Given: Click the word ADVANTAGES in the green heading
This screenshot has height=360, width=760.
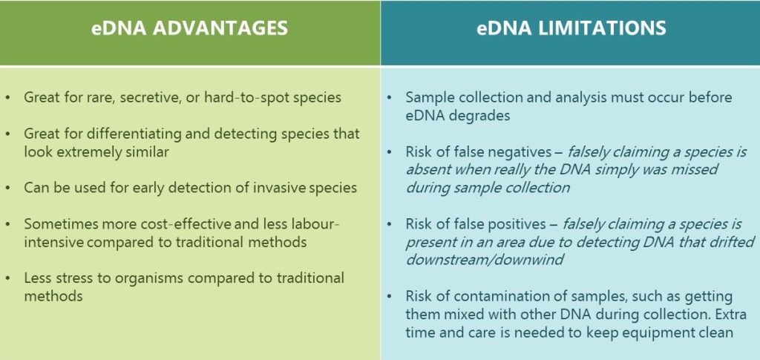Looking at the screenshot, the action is pyautogui.click(x=220, y=27).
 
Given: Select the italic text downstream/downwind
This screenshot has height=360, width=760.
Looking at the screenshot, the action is pyautogui.click(x=485, y=260).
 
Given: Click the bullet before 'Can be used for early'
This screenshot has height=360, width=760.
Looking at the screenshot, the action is pyautogui.click(x=7, y=188).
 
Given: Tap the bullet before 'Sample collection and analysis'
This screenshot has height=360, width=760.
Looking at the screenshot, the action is pyautogui.click(x=389, y=98).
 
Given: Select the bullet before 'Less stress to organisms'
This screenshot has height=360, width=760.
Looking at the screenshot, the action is pyautogui.click(x=7, y=279).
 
